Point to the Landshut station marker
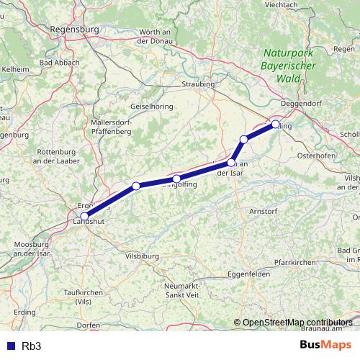tap(85, 216)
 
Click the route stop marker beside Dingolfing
tap(176, 179)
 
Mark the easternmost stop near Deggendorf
tap(275, 125)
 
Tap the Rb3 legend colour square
tap(11, 346)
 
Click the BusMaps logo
tap(326, 346)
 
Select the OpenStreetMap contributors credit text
tap(297, 322)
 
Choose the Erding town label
tap(24, 312)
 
